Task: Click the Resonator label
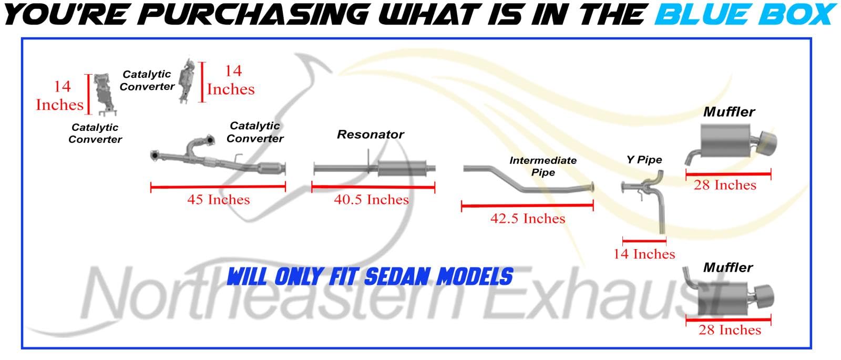370,135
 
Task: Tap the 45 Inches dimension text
219,199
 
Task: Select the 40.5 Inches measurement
371,199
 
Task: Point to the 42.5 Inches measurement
528,218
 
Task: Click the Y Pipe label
644,160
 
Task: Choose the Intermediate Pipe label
543,166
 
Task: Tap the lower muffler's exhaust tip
764,296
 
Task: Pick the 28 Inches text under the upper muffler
725,185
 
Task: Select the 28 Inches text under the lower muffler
730,330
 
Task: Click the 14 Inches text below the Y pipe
644,254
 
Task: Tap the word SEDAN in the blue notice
397,277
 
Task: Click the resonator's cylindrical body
402,168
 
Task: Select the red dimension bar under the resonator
373,187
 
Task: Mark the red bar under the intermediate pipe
527,205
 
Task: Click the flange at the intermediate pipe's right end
591,187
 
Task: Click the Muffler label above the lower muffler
728,268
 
